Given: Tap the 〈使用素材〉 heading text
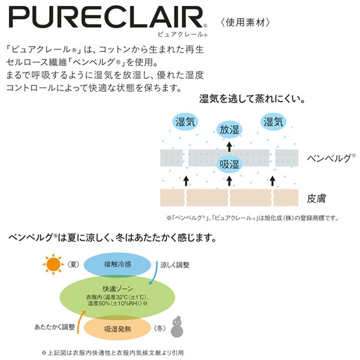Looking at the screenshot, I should [x=247, y=23].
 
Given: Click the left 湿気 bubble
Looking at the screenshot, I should [x=185, y=122].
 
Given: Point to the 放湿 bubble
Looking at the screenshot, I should [x=229, y=129].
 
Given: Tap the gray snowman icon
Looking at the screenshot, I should [x=179, y=327].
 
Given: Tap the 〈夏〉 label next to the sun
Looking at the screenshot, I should [x=74, y=263].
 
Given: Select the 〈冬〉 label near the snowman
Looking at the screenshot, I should [x=158, y=328].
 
